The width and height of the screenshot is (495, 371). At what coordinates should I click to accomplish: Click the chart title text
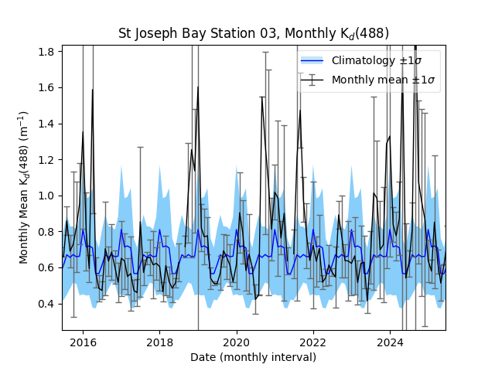[253, 33]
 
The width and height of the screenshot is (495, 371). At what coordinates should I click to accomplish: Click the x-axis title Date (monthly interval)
[253, 357]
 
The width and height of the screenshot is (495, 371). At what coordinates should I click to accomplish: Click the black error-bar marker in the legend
[312, 80]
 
